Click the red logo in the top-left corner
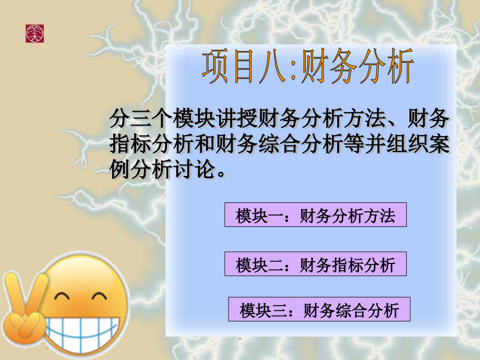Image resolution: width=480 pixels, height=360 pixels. (35, 33)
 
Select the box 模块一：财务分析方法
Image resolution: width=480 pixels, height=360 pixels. (315, 215)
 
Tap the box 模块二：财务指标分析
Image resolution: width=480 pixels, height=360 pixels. (315, 265)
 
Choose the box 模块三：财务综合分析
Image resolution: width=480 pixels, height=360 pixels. (319, 310)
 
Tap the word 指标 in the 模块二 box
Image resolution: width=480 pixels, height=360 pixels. (347, 265)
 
